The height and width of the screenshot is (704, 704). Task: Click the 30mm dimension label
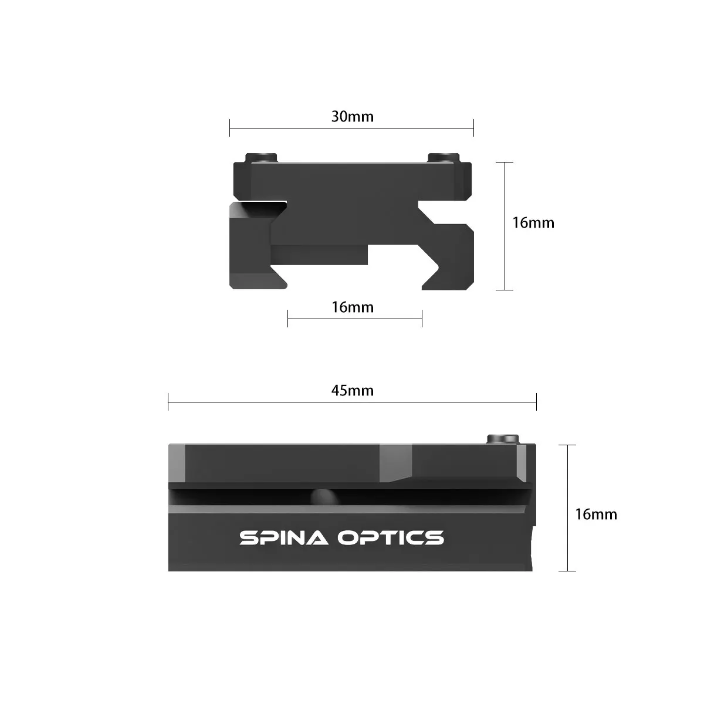point(352,117)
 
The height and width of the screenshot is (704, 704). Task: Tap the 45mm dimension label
point(352,391)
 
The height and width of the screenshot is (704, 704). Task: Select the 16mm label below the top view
point(352,307)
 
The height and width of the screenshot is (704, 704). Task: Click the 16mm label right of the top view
point(533,223)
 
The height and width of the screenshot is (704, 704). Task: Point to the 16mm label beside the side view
point(596,514)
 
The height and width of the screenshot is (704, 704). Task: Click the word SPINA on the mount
point(283,538)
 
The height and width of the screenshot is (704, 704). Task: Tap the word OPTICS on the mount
point(390,538)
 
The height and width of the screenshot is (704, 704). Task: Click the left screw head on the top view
point(261,157)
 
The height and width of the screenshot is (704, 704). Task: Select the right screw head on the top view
point(444,157)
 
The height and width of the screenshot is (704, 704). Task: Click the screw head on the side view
point(503,439)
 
